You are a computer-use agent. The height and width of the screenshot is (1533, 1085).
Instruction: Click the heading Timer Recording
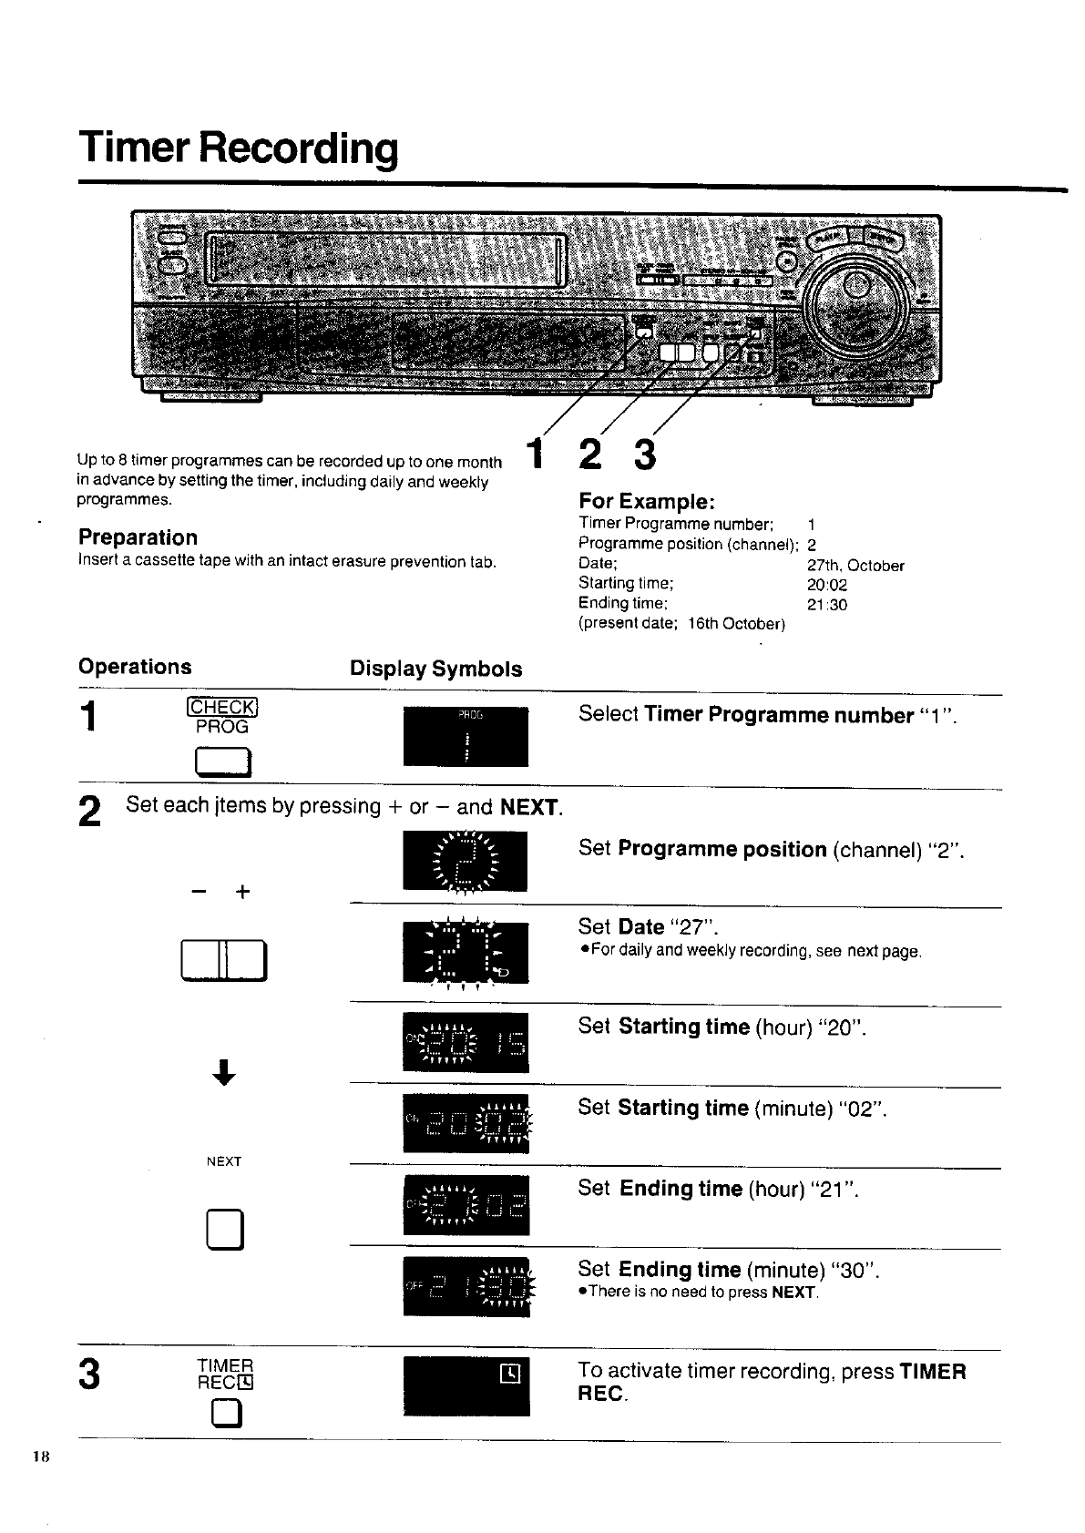click(x=239, y=148)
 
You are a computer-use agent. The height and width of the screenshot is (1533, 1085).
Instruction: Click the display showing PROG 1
click(x=466, y=736)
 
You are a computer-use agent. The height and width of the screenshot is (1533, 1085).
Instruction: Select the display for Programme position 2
click(x=466, y=862)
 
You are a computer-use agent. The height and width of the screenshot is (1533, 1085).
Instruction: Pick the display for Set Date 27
click(x=466, y=953)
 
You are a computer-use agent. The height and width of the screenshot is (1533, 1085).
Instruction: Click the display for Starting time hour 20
click(x=466, y=1041)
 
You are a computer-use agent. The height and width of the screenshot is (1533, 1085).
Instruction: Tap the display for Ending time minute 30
click(x=466, y=1285)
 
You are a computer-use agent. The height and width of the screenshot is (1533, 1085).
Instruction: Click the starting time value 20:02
click(x=827, y=585)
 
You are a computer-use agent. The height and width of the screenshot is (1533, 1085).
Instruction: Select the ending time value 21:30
click(x=827, y=605)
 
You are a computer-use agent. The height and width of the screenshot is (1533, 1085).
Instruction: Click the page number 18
click(x=39, y=1456)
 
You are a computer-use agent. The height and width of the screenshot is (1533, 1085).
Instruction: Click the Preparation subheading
click(x=138, y=537)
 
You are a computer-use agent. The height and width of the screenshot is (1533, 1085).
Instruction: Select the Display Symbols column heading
click(x=435, y=669)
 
